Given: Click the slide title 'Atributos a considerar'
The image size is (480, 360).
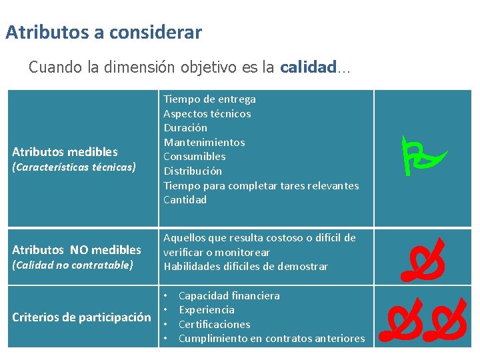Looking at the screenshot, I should tap(103, 32).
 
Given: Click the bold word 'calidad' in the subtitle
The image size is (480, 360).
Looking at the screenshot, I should tap(307, 67).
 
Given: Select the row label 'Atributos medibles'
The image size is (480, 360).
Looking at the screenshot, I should tap(65, 152).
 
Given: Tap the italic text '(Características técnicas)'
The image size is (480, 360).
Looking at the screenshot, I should tap(73, 167).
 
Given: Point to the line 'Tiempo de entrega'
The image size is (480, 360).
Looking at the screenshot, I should tap(210, 99).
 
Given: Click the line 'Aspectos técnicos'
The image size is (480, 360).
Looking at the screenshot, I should tap(207, 113).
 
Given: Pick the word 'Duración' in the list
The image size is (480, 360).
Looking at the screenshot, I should tap(185, 128).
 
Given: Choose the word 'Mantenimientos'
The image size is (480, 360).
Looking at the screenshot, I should tap(204, 142).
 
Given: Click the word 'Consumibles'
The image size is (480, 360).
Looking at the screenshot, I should tap(195, 157).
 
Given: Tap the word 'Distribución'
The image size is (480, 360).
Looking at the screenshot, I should tap(193, 171).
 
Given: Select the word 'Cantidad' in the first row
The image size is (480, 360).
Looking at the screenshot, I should tap(185, 199).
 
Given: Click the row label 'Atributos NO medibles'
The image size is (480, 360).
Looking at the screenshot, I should tap(77, 250).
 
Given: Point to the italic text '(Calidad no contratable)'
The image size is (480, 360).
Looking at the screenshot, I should tap(73, 265).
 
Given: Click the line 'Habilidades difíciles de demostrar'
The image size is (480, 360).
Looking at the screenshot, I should tap(246, 267).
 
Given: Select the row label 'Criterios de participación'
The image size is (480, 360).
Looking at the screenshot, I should tap(81, 317).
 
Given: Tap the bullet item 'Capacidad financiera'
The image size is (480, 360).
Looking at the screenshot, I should tap(229, 295).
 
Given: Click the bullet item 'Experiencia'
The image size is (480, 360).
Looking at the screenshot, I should tap(207, 310).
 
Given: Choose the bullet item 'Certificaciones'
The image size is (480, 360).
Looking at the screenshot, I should tap(215, 324).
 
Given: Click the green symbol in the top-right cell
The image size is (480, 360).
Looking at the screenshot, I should tap(423, 155).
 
